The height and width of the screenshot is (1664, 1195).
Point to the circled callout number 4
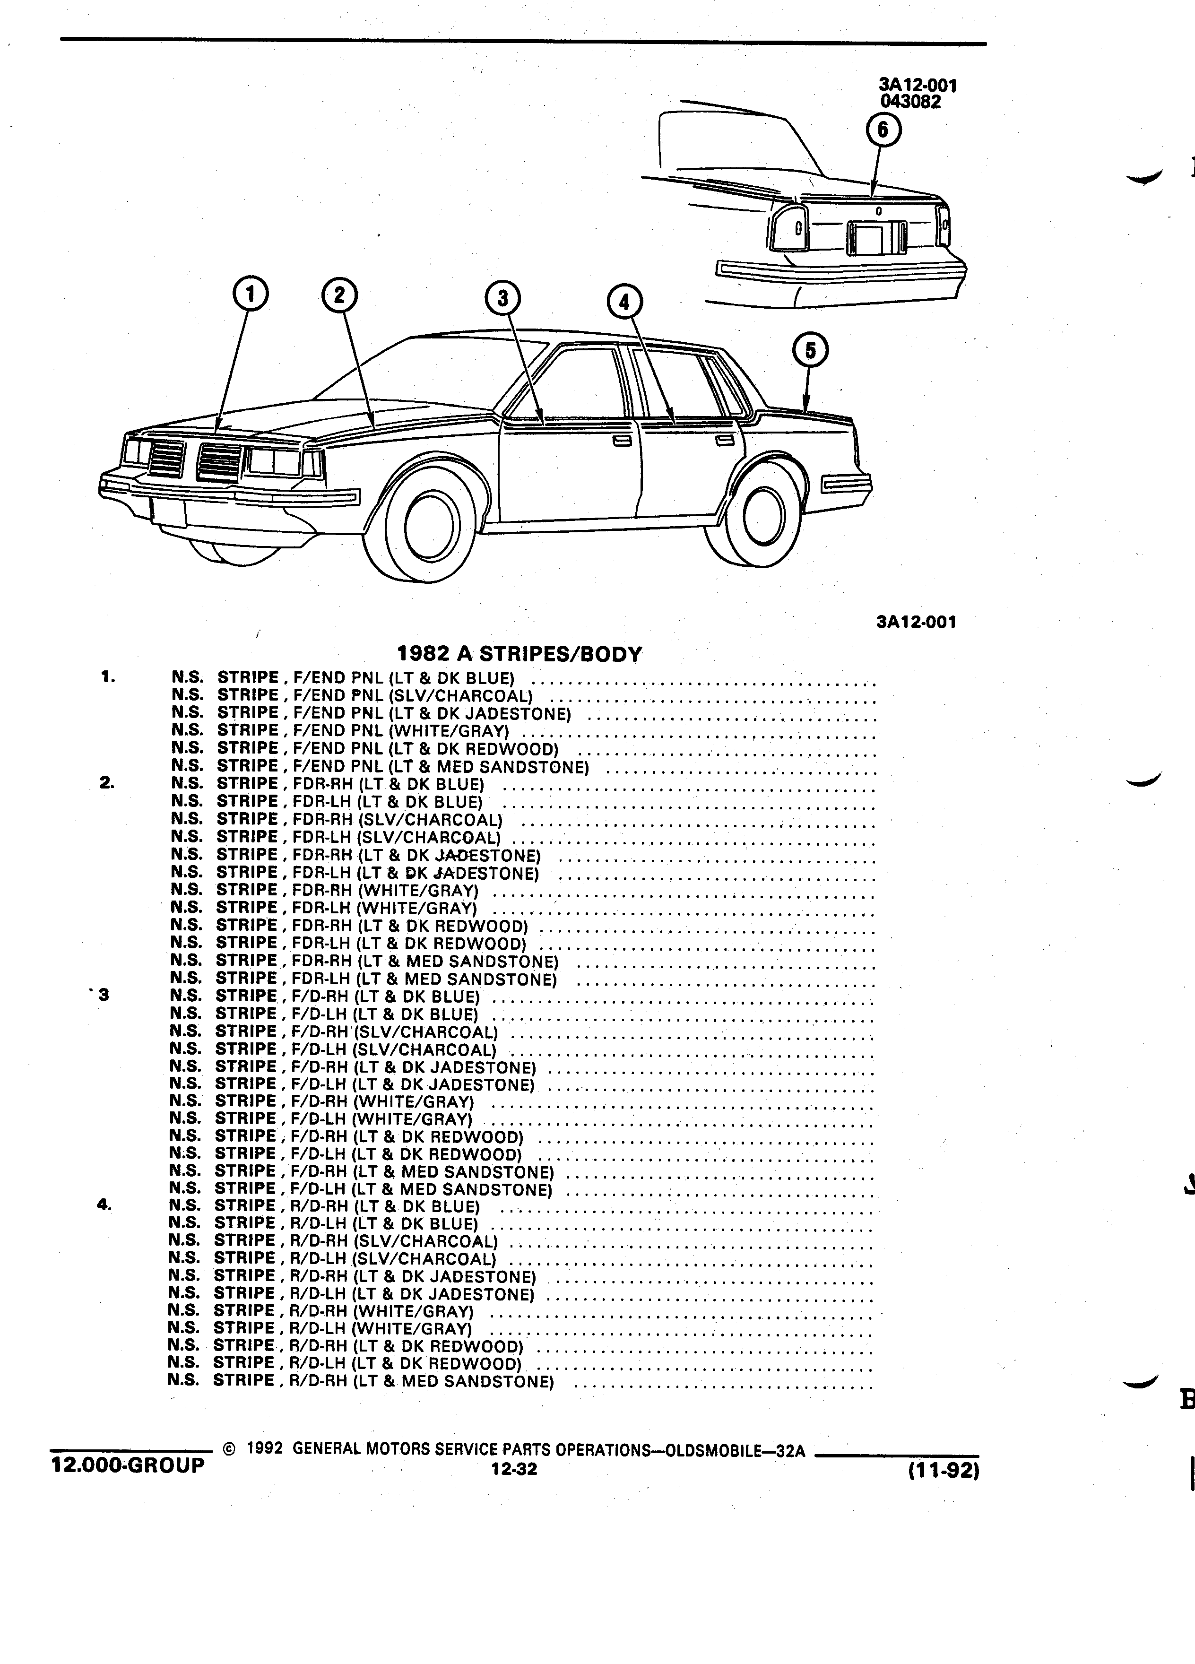[624, 302]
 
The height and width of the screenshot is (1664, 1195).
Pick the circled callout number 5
[811, 351]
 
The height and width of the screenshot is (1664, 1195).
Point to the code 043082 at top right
[910, 102]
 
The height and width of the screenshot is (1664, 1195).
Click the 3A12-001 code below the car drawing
[916, 622]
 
